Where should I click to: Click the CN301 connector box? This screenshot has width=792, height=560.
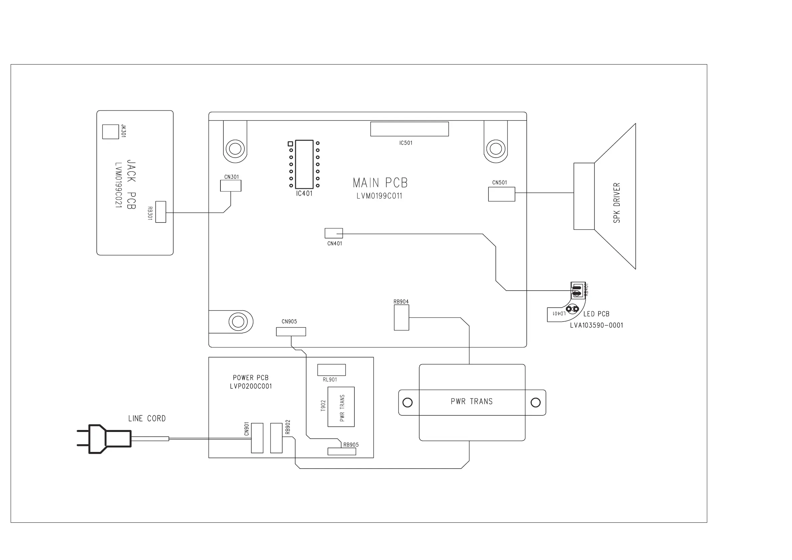pos(230,186)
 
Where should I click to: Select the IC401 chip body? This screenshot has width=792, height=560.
pos(304,164)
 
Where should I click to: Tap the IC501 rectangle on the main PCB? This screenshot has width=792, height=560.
pos(409,129)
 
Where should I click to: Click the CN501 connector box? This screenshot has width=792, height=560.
pos(501,194)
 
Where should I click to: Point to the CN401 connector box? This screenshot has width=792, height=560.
pos(333,233)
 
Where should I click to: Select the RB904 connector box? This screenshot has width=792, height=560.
pos(401,318)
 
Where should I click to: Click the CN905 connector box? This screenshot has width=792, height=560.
pos(291,332)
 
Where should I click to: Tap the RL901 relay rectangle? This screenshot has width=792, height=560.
pos(331,370)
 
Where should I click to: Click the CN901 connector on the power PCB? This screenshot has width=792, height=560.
pos(257,438)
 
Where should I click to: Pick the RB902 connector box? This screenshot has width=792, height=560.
pos(276,438)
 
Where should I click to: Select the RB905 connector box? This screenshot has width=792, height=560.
pos(341,451)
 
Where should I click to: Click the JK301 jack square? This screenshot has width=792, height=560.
pos(110,132)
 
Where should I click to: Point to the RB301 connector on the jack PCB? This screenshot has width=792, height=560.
pos(161,212)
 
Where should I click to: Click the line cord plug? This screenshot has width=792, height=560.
pos(103,439)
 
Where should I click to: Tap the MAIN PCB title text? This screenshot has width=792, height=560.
pos(380,183)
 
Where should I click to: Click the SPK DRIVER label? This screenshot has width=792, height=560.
pos(616,203)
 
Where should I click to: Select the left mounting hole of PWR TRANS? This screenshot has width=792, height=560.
pos(407,402)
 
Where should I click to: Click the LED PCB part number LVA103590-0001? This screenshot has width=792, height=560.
pos(596,325)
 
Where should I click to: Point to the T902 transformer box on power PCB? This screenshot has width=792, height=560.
pos(341,407)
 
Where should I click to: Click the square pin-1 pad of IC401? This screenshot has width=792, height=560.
pos(291,144)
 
